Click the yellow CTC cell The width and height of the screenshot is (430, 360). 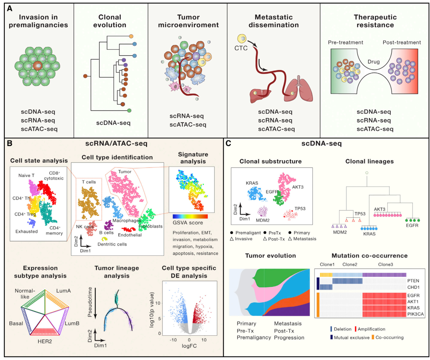(241, 39)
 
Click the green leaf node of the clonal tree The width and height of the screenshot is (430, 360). (129, 110)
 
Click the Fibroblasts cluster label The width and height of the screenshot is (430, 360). (149, 227)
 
